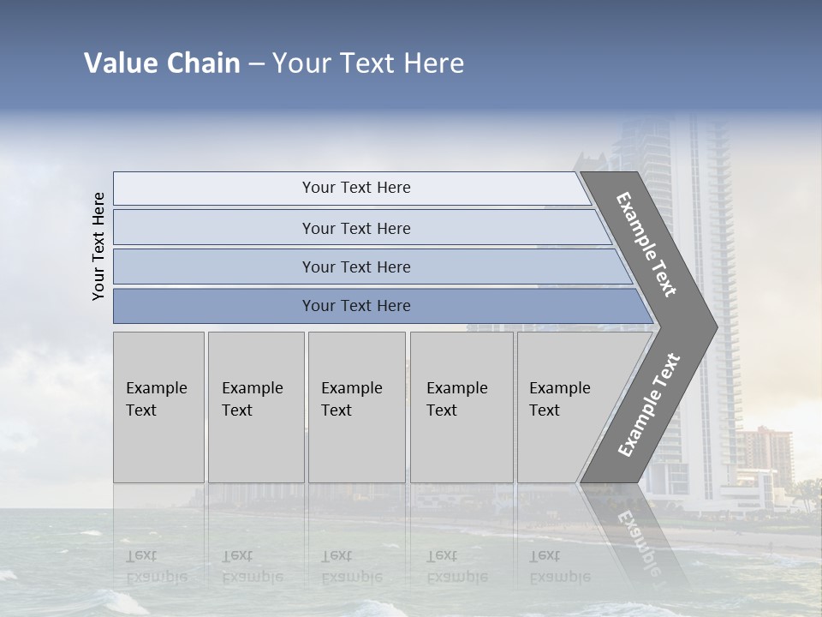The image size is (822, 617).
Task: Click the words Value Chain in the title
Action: click(x=162, y=63)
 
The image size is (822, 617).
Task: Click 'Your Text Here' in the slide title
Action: click(x=368, y=63)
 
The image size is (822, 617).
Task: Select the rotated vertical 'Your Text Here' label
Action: click(x=98, y=246)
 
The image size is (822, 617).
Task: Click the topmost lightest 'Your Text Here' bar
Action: click(x=355, y=188)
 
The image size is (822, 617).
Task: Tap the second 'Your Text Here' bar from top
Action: click(x=355, y=228)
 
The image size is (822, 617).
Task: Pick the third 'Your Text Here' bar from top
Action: click(x=355, y=267)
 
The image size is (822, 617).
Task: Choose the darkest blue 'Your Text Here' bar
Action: click(x=355, y=306)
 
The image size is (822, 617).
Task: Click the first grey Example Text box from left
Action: click(x=158, y=407)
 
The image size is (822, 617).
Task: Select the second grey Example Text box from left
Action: click(x=255, y=407)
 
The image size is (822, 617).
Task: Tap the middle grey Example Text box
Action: click(x=356, y=407)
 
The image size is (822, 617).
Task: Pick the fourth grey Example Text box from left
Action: click(x=462, y=407)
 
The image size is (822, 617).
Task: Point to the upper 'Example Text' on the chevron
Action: click(x=646, y=244)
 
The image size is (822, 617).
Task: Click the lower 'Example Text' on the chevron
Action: click(x=649, y=404)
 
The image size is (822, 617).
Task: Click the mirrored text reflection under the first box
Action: click(x=156, y=566)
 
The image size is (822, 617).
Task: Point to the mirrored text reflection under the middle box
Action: click(x=350, y=566)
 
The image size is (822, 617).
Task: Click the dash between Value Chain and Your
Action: click(x=256, y=64)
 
